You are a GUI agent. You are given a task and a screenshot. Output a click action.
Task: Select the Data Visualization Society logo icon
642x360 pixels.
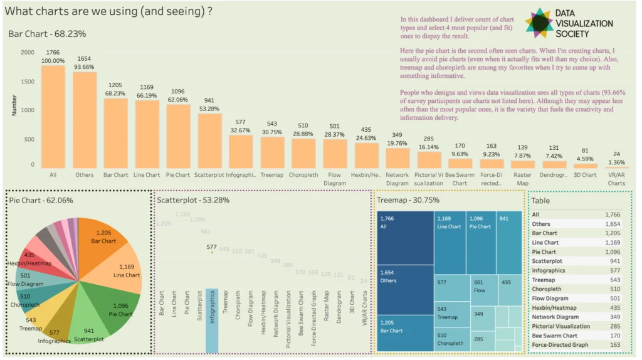pos(539,23)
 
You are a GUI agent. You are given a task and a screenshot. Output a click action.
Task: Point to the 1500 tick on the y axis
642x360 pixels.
pos(27,81)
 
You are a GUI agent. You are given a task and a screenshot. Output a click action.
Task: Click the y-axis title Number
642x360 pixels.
pos(14,105)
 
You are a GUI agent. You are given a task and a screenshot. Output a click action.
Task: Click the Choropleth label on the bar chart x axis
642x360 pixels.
pos(303,176)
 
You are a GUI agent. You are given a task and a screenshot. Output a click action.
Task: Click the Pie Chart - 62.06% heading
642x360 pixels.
pos(41,200)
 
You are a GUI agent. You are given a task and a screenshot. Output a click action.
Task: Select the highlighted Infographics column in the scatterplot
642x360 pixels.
pos(212,320)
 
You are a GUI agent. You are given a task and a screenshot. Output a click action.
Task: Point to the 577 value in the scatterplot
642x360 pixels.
pos(212,248)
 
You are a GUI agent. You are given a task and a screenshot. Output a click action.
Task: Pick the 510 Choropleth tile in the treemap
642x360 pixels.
pos(452,339)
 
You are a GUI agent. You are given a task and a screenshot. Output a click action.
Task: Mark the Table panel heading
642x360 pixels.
pos(541,201)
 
